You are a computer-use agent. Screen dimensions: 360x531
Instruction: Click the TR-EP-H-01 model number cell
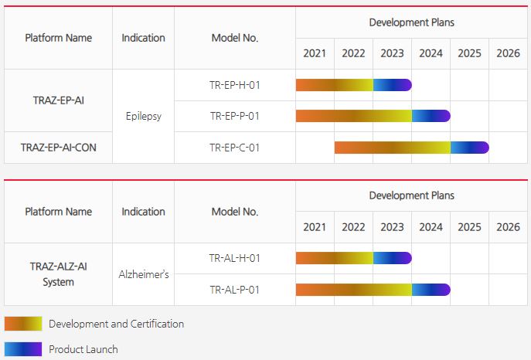(x=234, y=84)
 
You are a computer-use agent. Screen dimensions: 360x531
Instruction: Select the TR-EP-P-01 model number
(x=234, y=116)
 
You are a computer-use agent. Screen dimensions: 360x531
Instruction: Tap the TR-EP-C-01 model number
(x=234, y=148)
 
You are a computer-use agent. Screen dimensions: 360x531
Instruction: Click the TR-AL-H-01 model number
(x=234, y=258)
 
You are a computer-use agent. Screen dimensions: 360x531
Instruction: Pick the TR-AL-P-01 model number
(x=234, y=290)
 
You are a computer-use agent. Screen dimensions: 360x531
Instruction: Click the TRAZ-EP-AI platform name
(x=58, y=100)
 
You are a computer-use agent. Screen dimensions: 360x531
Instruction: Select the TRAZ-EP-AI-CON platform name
(x=58, y=148)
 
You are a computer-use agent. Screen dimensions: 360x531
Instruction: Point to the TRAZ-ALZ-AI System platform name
(x=58, y=274)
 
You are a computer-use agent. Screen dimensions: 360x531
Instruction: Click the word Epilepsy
(x=143, y=117)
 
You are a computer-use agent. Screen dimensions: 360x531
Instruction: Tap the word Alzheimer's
(x=143, y=274)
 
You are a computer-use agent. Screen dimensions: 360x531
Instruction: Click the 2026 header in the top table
(x=508, y=53)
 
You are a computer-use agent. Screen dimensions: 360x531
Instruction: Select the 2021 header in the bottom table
(x=315, y=227)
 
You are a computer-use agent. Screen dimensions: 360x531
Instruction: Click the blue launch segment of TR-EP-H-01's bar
(x=393, y=85)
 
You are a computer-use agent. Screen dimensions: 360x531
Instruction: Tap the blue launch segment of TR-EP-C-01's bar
(x=469, y=148)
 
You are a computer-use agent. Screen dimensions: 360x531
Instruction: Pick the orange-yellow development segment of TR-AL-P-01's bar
(x=353, y=290)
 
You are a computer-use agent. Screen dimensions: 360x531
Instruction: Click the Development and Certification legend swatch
(x=23, y=324)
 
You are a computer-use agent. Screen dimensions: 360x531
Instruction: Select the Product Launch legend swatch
(x=23, y=349)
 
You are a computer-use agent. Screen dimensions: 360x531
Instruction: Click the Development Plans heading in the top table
(x=411, y=22)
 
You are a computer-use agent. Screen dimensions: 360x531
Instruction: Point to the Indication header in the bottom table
(x=143, y=212)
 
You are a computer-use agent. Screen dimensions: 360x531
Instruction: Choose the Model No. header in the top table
(x=234, y=38)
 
